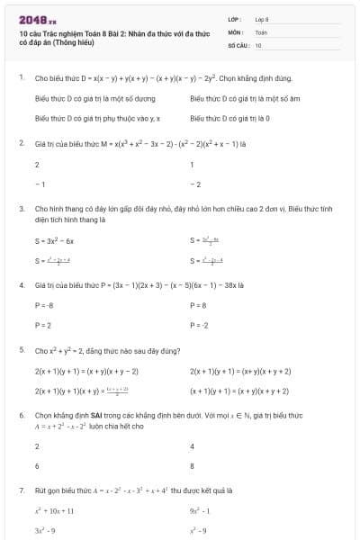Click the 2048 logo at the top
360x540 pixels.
(x=37, y=19)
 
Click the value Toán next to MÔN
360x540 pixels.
(x=261, y=31)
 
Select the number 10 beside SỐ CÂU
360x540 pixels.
(x=258, y=44)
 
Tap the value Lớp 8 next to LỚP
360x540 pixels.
(x=262, y=19)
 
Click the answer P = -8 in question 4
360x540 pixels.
(x=44, y=305)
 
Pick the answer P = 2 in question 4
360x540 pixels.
(x=42, y=324)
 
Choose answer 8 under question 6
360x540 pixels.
(x=193, y=466)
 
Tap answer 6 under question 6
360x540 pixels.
(x=37, y=466)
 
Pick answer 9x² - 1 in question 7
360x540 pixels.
(x=201, y=510)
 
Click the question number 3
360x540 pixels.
(x=21, y=208)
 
